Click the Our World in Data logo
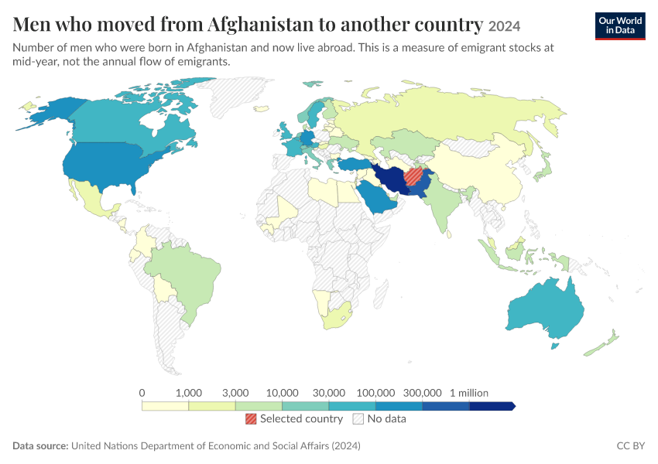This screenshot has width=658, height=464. [x=620, y=26]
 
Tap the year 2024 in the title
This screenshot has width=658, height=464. [x=504, y=26]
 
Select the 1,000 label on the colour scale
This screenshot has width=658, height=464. [x=189, y=393]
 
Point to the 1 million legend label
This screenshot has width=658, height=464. [x=469, y=393]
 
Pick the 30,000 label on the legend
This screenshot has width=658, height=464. [x=329, y=393]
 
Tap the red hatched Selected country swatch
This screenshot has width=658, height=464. [x=251, y=418]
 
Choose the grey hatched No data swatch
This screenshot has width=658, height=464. [x=358, y=418]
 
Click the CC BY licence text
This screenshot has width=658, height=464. [x=630, y=445]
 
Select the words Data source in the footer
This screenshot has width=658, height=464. [x=40, y=445]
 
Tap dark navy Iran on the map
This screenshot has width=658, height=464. [x=391, y=178]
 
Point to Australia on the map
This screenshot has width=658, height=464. [x=546, y=308]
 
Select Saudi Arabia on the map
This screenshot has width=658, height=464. [x=375, y=197]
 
